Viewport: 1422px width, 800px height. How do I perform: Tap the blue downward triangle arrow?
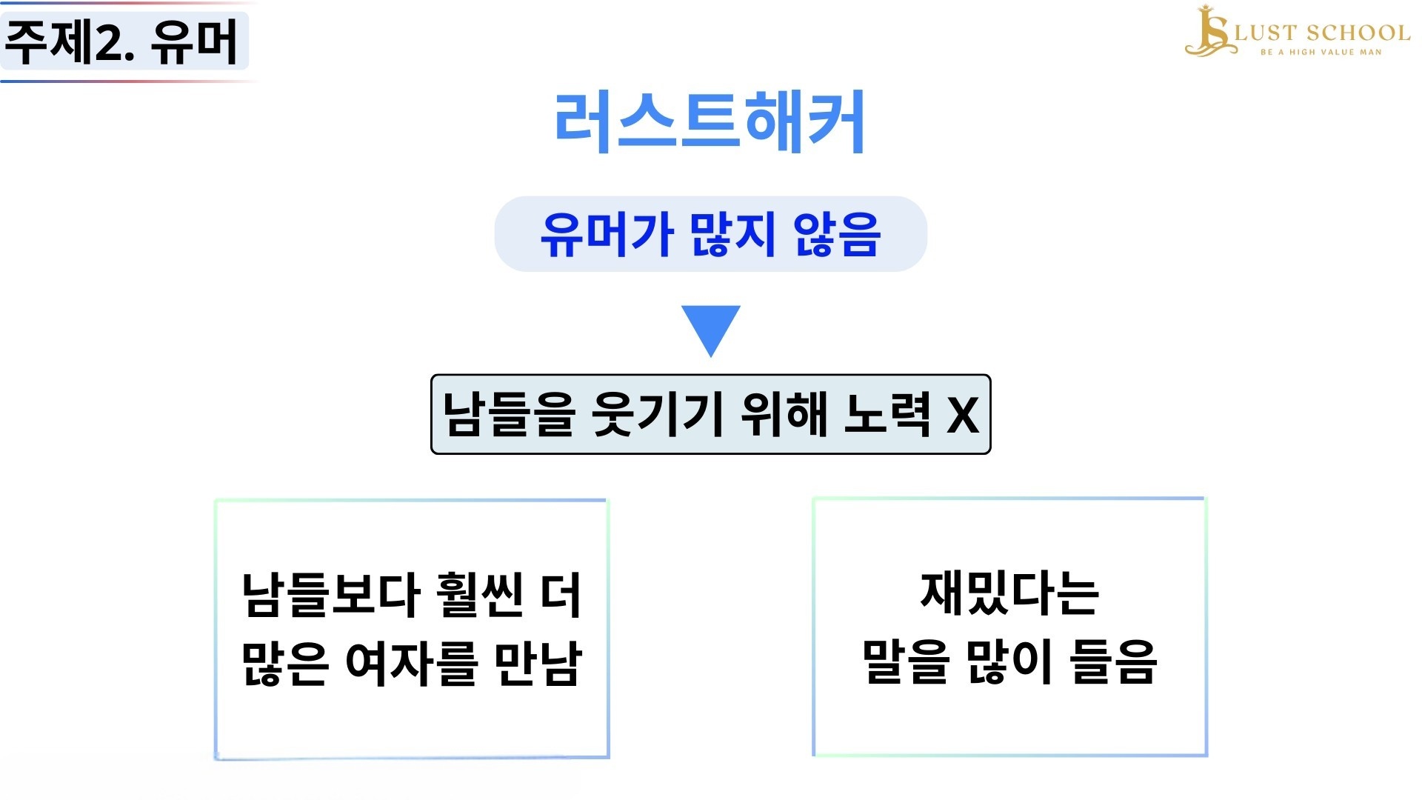click(711, 327)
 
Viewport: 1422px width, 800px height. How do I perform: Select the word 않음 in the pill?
click(836, 234)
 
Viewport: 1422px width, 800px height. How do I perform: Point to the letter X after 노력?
click(964, 416)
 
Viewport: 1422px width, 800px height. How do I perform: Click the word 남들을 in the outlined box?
click(508, 414)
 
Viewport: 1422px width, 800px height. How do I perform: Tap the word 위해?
click(784, 414)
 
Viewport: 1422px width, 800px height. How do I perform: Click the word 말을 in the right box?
click(905, 661)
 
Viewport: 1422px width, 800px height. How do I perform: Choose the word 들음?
click(1113, 661)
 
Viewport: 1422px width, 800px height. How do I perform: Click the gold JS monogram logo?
click(1210, 31)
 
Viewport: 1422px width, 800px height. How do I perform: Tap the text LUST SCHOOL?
click(1322, 33)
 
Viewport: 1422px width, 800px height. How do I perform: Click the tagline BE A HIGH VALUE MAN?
click(1321, 52)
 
